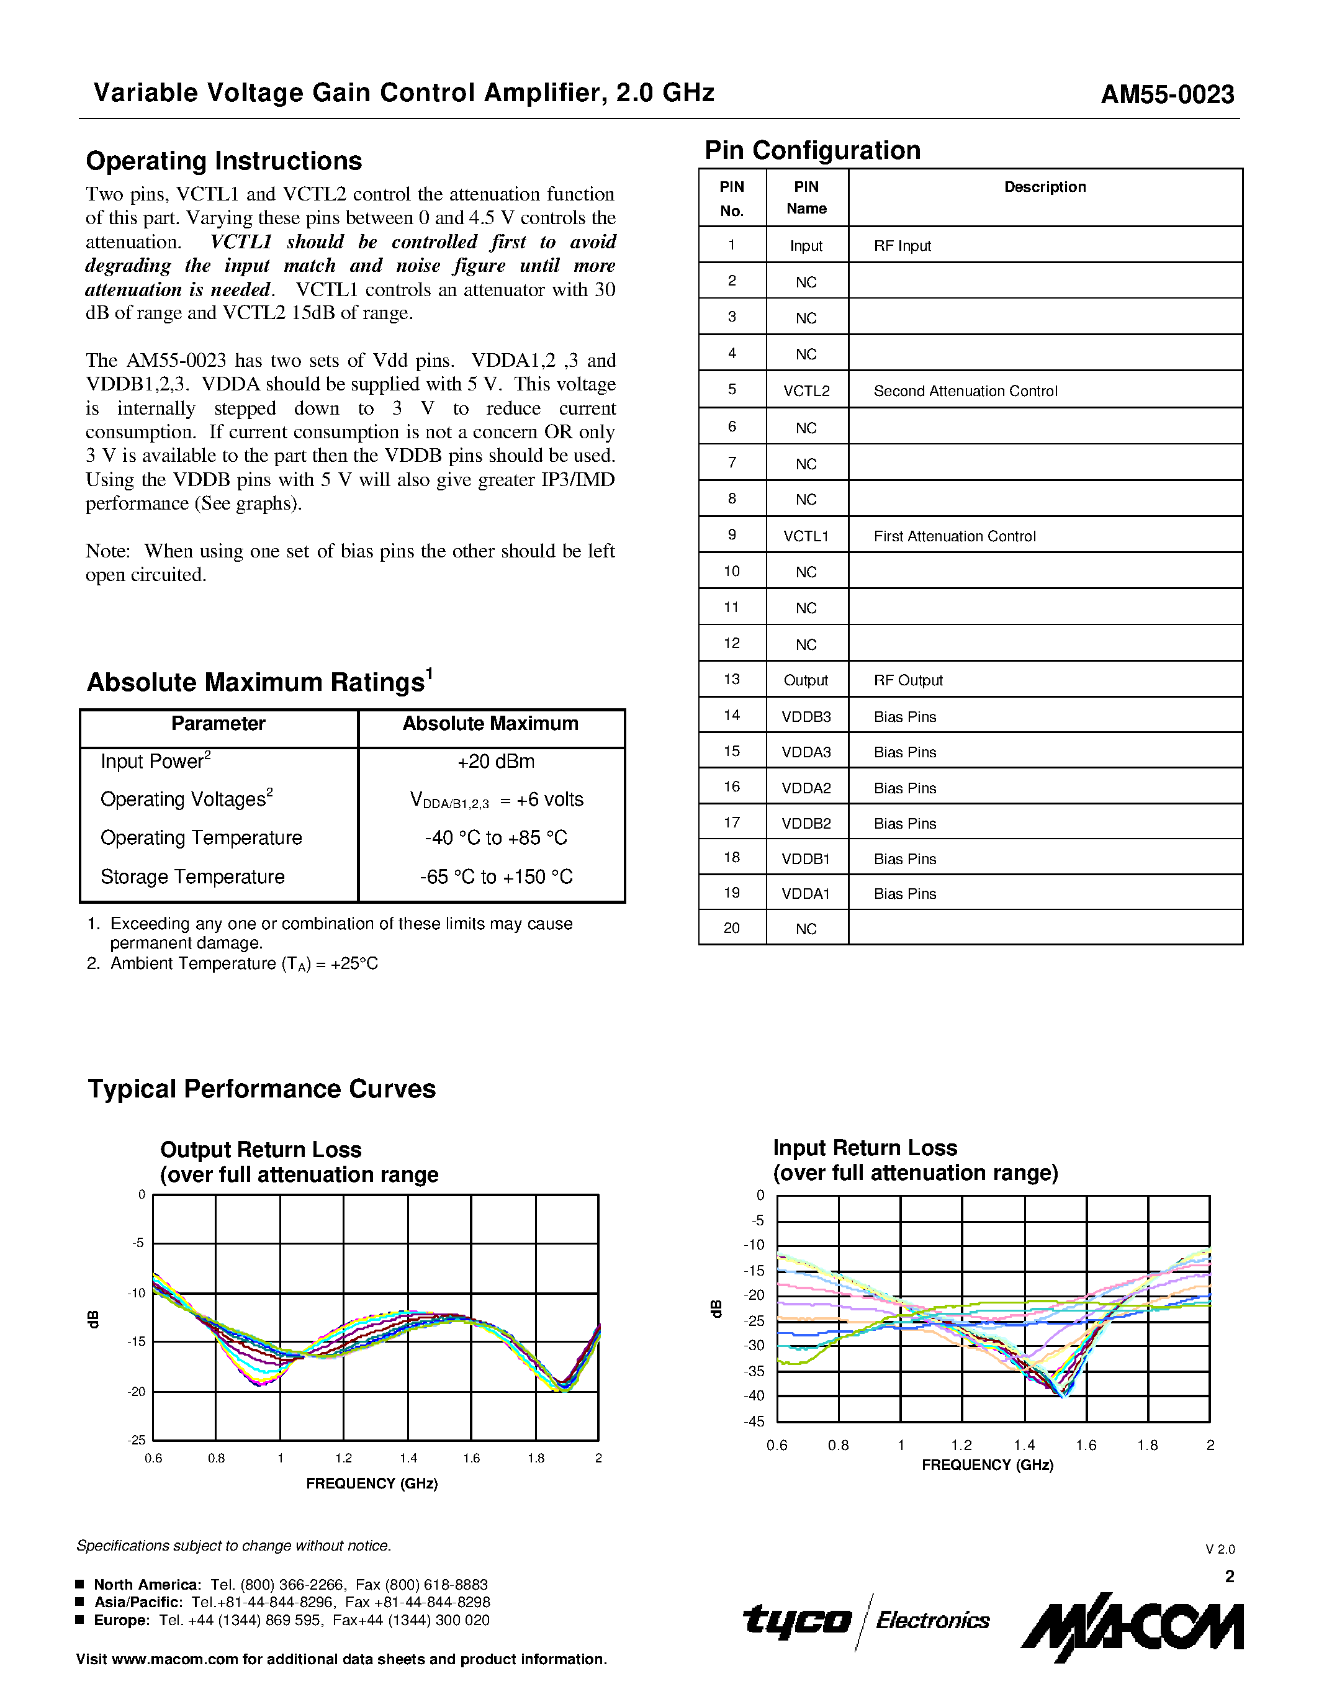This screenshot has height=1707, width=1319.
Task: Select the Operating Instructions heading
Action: (223, 161)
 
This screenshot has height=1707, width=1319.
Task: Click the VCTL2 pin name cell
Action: (806, 391)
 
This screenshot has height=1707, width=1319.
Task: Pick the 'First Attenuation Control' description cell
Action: (954, 536)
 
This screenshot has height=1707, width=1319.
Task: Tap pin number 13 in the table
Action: (731, 679)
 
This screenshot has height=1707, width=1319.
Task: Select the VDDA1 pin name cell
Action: (806, 893)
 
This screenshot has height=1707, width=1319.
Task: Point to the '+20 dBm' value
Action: (495, 761)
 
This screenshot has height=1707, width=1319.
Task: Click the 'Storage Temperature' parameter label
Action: (192, 877)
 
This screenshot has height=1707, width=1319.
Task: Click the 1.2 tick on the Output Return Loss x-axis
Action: (344, 1457)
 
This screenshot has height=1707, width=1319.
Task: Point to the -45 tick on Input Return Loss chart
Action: (754, 1421)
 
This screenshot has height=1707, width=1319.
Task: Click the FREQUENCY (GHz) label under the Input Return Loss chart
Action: (987, 1465)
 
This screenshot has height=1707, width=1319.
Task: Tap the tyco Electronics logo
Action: (865, 1621)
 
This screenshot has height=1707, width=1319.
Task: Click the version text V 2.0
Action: (1219, 1549)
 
